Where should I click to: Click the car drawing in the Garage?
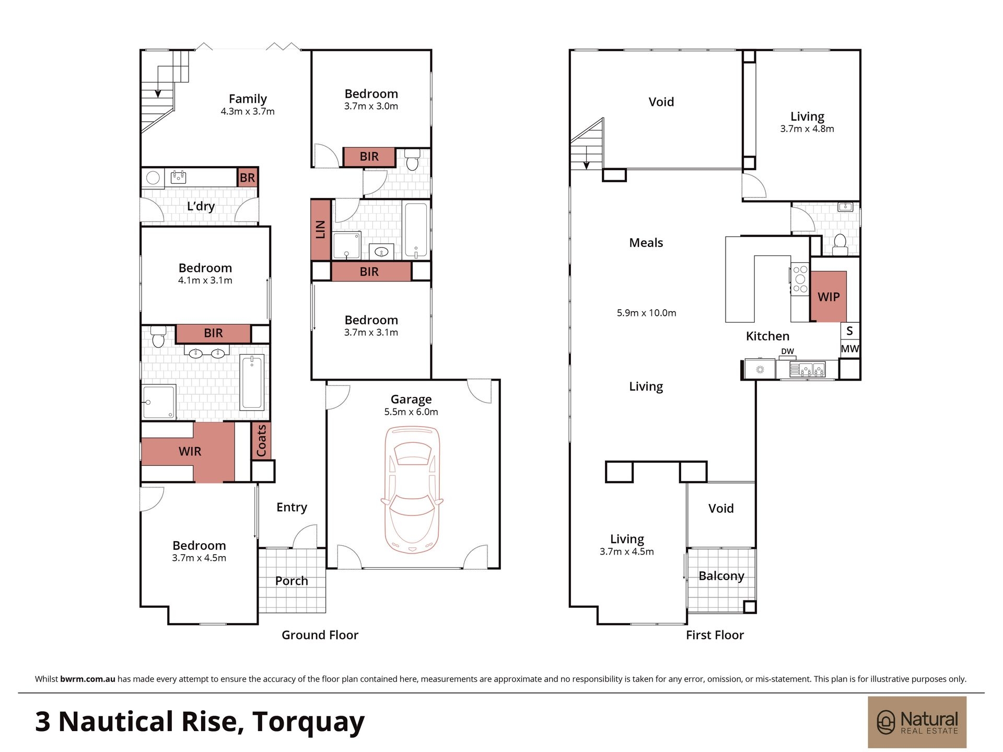pyautogui.click(x=412, y=490)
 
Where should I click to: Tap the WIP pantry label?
pyautogui.click(x=829, y=297)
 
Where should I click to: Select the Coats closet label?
pyautogui.click(x=261, y=440)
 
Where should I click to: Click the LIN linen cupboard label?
pyautogui.click(x=321, y=230)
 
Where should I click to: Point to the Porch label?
pyautogui.click(x=291, y=581)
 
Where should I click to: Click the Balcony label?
pyautogui.click(x=721, y=576)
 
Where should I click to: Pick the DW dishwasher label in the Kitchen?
pyautogui.click(x=787, y=351)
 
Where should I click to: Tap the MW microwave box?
pyautogui.click(x=850, y=349)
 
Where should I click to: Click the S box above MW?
pyautogui.click(x=850, y=331)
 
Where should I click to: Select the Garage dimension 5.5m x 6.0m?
pyautogui.click(x=411, y=412)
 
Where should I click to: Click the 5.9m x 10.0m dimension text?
pyautogui.click(x=646, y=313)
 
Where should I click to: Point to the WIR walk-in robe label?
pyautogui.click(x=190, y=451)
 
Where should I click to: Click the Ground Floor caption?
pyautogui.click(x=320, y=635)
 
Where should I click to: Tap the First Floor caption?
pyautogui.click(x=715, y=635)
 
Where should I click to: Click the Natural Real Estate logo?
pyautogui.click(x=917, y=722)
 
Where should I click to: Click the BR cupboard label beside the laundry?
pyautogui.click(x=247, y=178)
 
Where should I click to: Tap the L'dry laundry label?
pyautogui.click(x=201, y=206)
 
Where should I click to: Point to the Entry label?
pyautogui.click(x=291, y=507)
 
